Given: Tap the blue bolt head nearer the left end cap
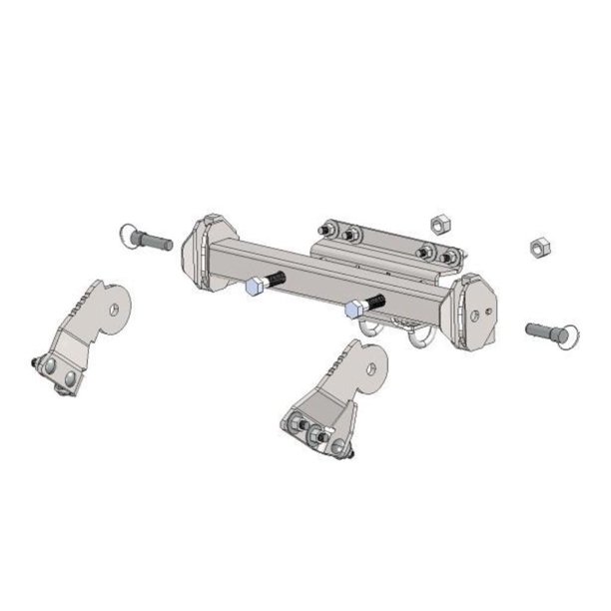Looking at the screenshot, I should click(x=254, y=288).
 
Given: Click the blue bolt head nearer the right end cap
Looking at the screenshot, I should click(x=352, y=310).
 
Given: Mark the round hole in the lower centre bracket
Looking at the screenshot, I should click(x=371, y=369).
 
